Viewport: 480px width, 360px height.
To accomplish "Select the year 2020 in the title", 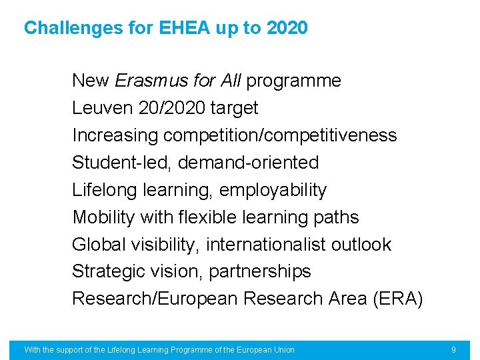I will pyautogui.click(x=287, y=28).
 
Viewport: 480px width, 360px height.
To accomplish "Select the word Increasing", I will pyautogui.click(x=115, y=135).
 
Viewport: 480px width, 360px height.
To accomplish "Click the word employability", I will pyautogui.click(x=273, y=191).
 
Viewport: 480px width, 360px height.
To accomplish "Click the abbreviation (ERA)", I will pyautogui.click(x=397, y=299).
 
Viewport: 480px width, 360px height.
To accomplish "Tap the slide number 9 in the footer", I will pyautogui.click(x=453, y=349).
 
